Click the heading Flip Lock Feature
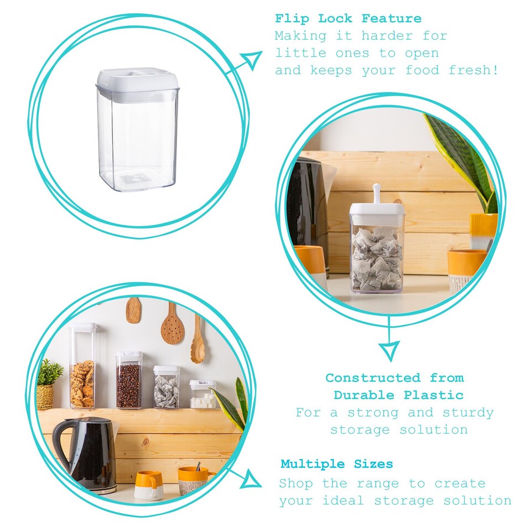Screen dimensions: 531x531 [x=348, y=18]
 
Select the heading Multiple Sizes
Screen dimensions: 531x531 [x=336, y=464]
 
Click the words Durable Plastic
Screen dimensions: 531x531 [x=398, y=395]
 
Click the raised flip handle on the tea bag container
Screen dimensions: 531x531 [x=377, y=194]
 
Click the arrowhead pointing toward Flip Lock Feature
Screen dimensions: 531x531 [x=253, y=59]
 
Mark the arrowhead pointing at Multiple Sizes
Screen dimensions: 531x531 [x=253, y=479]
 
